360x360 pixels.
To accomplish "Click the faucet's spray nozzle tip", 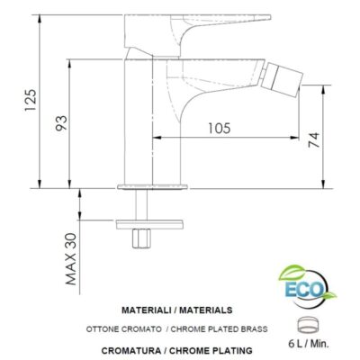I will (x=292, y=70).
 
